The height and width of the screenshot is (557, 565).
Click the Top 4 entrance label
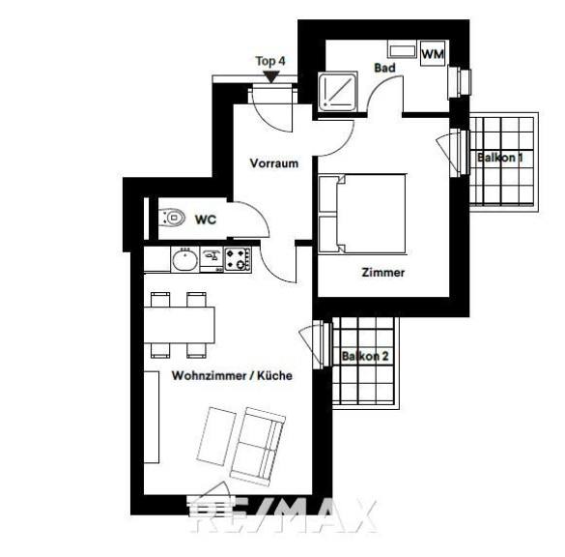coord(270,61)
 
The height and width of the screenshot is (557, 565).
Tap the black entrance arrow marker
coord(271,76)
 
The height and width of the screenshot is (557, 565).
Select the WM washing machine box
coord(433,53)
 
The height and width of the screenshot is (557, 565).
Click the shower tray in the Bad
coord(338,91)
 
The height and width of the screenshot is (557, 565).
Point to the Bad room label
coord(384,68)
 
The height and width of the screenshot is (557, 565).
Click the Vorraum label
coord(274,163)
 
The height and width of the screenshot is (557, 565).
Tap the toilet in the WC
coord(172,218)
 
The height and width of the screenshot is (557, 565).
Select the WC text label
coord(206,220)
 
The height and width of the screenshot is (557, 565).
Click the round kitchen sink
coord(184,260)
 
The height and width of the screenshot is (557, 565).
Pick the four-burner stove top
coord(238,259)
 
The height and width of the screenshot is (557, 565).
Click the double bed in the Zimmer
coord(362,214)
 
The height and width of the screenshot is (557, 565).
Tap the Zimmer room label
coord(383,273)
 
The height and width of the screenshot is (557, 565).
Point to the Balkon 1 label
coord(500,158)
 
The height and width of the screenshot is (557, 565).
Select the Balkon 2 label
coord(365,357)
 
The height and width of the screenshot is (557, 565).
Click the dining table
coord(180,325)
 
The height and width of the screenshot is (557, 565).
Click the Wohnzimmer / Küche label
coord(232,375)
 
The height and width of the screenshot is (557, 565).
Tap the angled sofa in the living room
coord(258,447)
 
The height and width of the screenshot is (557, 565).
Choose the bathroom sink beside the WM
coord(403,49)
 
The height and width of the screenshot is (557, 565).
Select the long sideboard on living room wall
coord(152,417)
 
